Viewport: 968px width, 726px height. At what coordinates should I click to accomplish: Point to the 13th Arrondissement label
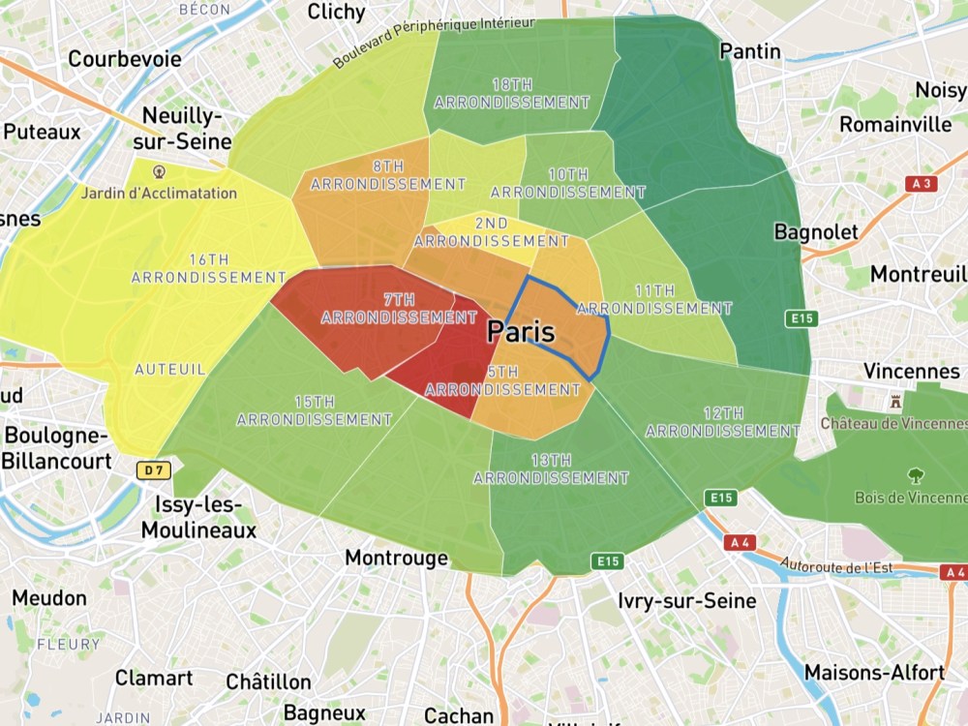551,469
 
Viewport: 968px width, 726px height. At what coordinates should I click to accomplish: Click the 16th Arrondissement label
209,268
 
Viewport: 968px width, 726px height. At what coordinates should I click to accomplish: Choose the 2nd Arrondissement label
492,231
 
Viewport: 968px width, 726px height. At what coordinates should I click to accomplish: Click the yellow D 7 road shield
150,470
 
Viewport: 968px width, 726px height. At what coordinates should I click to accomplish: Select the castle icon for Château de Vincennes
895,401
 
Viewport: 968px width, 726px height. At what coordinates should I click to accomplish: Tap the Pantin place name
750,51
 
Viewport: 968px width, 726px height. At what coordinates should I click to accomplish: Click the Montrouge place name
397,559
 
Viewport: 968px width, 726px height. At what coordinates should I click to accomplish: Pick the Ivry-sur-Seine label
687,601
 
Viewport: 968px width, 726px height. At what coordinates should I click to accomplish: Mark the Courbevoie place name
125,59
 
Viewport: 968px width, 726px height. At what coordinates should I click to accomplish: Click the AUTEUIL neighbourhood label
169,369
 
